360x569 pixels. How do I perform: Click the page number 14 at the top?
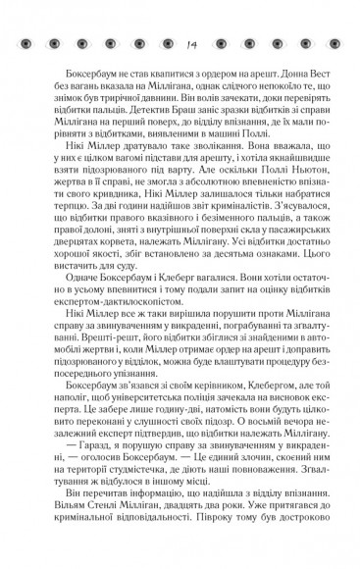pyautogui.click(x=181, y=40)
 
